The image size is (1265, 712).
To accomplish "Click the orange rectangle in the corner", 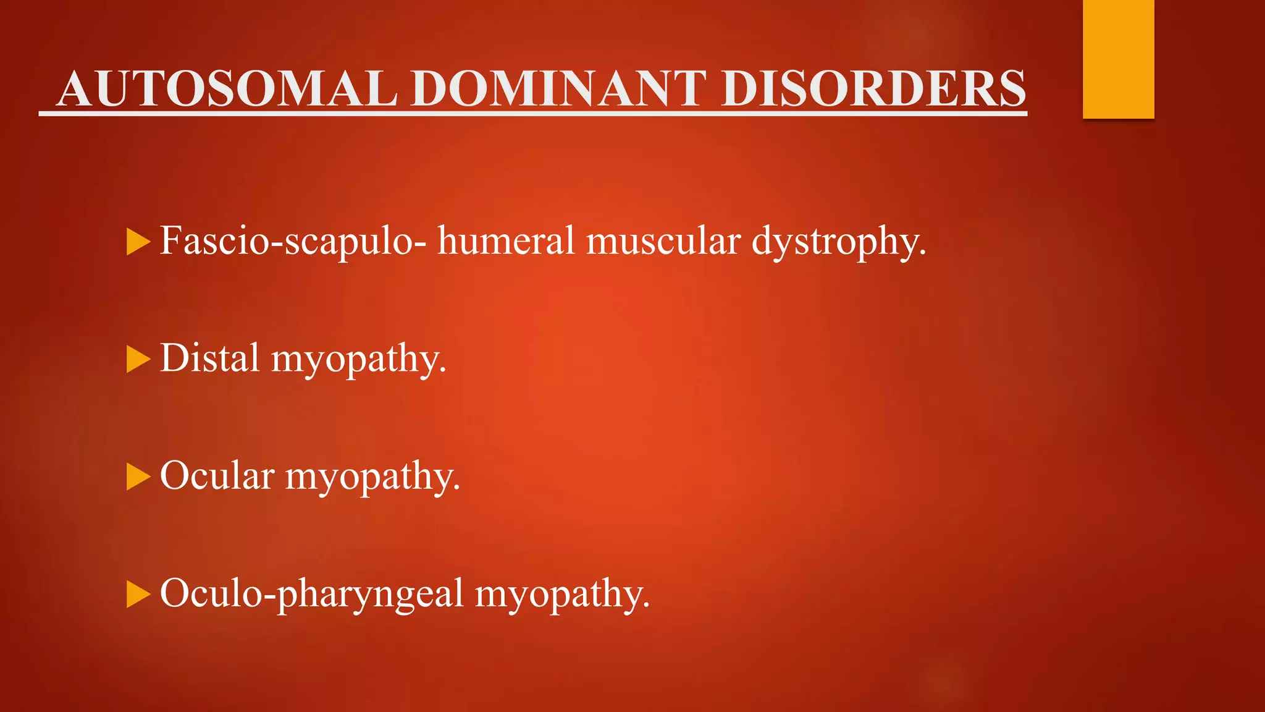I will coord(1118,59).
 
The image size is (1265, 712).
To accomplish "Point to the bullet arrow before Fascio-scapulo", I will coord(138,242).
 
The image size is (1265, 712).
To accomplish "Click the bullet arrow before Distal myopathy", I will coord(138,360).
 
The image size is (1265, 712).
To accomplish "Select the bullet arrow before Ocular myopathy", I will coord(138,477).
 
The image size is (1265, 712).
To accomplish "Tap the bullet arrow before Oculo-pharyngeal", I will coord(138,595).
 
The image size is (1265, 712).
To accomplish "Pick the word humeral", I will coord(506,240).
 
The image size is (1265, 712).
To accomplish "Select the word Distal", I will coord(209,358).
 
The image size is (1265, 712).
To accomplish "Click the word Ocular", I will coord(217,476).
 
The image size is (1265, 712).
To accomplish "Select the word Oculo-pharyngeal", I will coord(311,593).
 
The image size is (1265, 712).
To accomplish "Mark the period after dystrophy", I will coord(923,253).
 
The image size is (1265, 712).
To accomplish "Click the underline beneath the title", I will coord(532,114).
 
